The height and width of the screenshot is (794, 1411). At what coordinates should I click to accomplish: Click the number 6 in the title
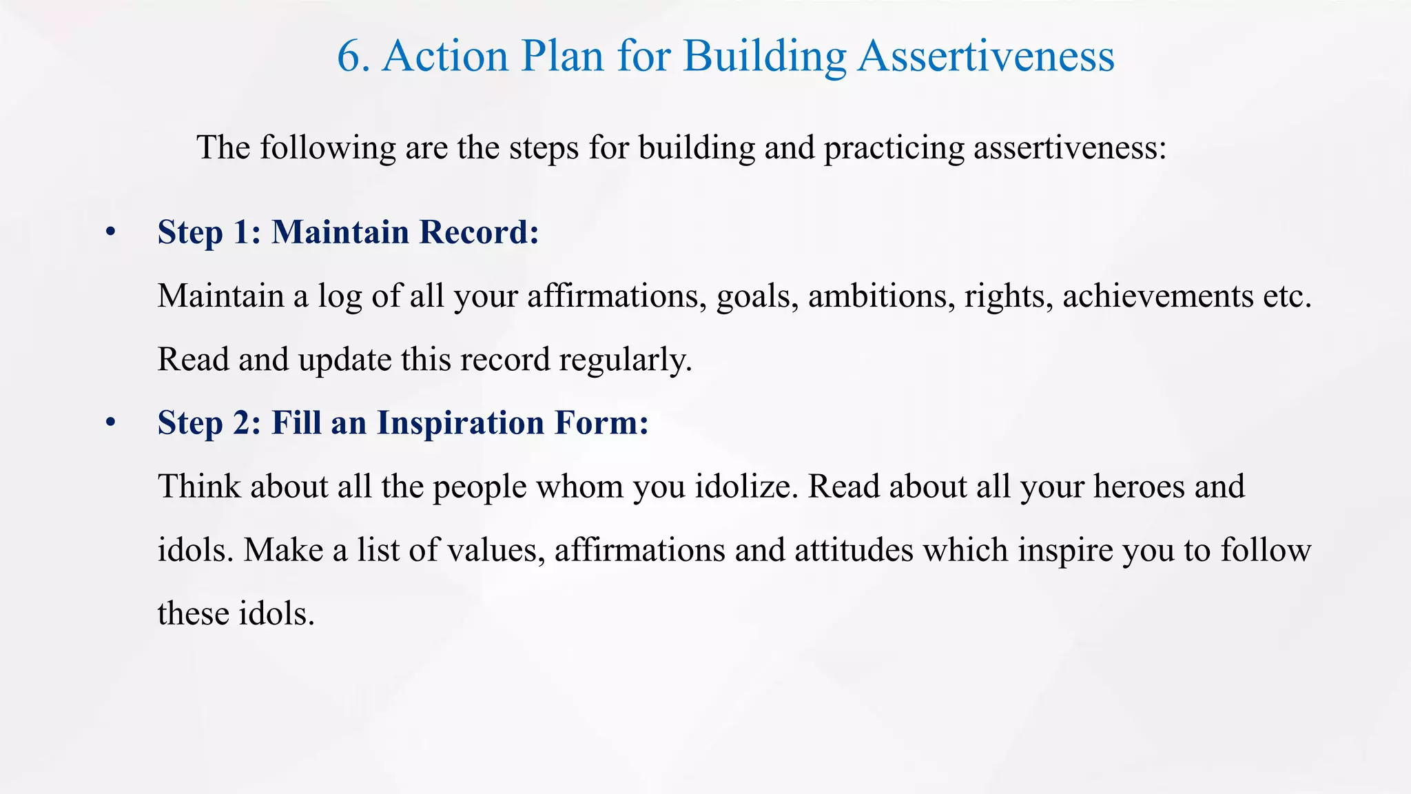click(x=348, y=57)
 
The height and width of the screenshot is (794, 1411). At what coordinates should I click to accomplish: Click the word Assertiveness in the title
click(x=986, y=57)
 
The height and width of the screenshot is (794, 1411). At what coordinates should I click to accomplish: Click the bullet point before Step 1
click(x=110, y=233)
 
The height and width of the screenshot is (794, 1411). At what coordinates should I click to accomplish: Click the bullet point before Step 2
click(x=110, y=423)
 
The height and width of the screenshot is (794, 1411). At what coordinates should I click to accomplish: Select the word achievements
click(x=1157, y=296)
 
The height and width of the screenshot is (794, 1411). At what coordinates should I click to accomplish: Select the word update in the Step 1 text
click(x=344, y=360)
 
